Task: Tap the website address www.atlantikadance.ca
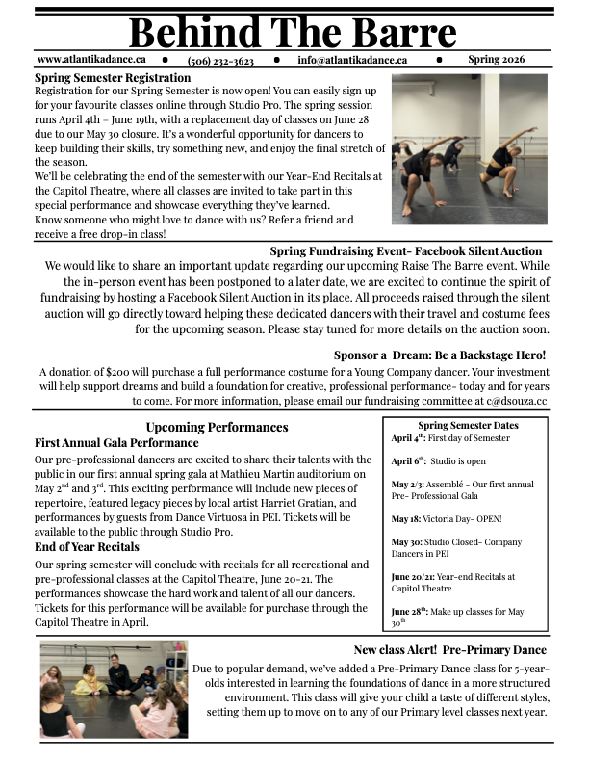click(91, 60)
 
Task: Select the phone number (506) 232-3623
click(220, 60)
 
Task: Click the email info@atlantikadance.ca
click(352, 60)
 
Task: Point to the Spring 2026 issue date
click(497, 60)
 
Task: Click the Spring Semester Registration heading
click(113, 78)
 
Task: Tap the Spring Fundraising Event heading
click(406, 251)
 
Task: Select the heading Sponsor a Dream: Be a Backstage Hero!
click(440, 355)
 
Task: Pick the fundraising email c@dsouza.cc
click(516, 400)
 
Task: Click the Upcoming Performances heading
click(217, 427)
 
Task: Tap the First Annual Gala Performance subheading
click(116, 443)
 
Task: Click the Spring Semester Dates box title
click(468, 425)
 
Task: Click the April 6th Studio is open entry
click(438, 460)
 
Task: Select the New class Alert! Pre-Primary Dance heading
click(449, 650)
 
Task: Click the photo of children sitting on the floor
click(114, 690)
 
